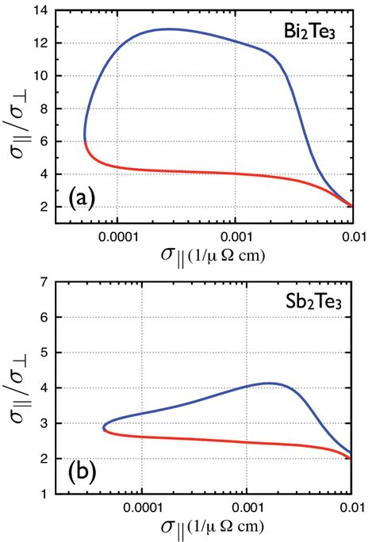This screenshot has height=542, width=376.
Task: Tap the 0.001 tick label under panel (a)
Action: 236,236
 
